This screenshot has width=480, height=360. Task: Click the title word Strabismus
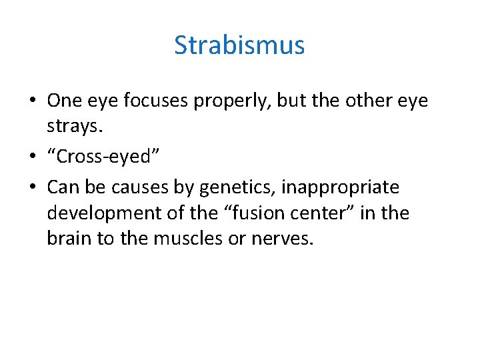click(239, 45)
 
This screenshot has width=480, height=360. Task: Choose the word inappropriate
click(340, 187)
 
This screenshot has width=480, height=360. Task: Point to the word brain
click(69, 238)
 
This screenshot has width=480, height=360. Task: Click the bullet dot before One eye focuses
click(32, 101)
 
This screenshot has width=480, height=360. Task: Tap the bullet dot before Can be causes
click(32, 188)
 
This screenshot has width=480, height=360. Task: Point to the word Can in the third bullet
click(63, 187)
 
